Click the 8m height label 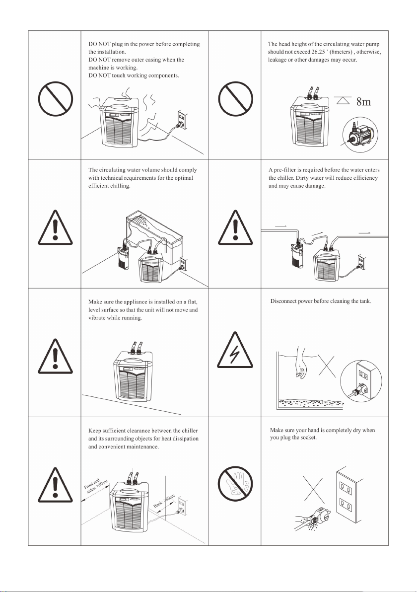(363, 101)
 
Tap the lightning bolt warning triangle (235, 350)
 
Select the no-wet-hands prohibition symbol (235, 484)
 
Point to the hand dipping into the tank (301, 362)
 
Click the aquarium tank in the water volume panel (155, 236)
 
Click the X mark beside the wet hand (313, 490)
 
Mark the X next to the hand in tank (327, 365)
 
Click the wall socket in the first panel (182, 119)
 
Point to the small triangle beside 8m (343, 100)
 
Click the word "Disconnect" (283, 301)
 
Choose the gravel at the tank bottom (311, 402)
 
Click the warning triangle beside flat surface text (55, 356)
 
